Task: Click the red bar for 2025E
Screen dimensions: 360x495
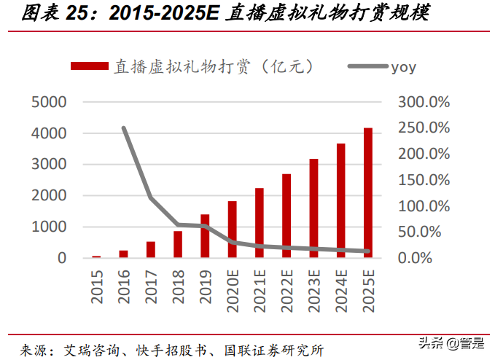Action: click(x=368, y=193)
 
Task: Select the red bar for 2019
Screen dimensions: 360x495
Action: click(x=205, y=236)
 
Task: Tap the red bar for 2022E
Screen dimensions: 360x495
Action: click(x=287, y=216)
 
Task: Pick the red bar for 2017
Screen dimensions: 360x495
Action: click(x=151, y=250)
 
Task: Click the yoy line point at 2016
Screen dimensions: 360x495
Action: click(x=124, y=128)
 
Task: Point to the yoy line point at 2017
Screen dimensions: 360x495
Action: click(x=151, y=197)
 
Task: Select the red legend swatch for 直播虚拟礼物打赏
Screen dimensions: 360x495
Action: click(x=90, y=67)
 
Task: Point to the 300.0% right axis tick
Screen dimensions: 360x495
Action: click(x=424, y=102)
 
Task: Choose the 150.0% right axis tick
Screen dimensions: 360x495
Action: click(x=424, y=180)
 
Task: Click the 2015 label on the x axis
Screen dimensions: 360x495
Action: click(x=97, y=283)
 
